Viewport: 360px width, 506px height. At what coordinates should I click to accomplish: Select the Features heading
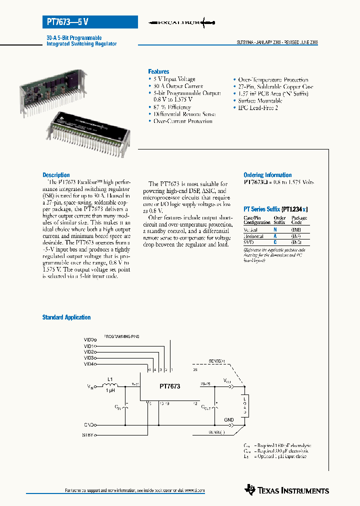pos(158,71)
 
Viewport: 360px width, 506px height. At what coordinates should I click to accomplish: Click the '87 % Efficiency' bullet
pos(172,107)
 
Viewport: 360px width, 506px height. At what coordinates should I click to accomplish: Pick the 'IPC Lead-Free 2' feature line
pos(258,107)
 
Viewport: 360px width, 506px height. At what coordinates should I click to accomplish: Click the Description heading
pos(56,175)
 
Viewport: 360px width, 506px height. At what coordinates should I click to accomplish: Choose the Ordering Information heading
pos(267,175)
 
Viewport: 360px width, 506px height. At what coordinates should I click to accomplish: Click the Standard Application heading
pos(66,317)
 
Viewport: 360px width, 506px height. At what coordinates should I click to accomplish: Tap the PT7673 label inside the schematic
pos(170,386)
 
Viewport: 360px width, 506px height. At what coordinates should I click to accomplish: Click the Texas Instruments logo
pos(287,490)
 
